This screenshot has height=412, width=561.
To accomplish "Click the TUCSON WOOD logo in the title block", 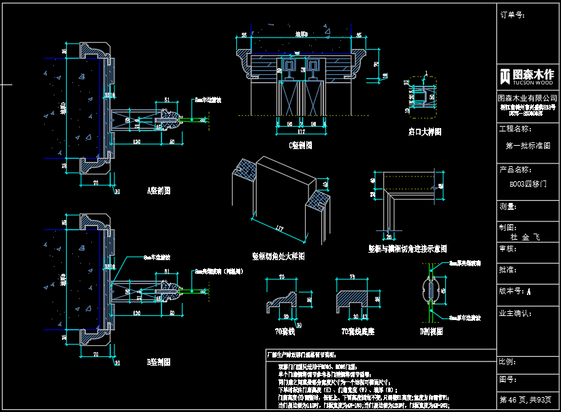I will pyautogui.click(x=528, y=76).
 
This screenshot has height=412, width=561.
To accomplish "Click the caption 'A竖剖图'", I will pyautogui.click(x=158, y=190).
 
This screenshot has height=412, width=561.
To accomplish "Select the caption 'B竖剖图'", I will pyautogui.click(x=158, y=361).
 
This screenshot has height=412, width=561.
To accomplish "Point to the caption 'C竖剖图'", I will pyautogui.click(x=300, y=145).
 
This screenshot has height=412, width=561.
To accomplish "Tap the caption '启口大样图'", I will pyautogui.click(x=425, y=131).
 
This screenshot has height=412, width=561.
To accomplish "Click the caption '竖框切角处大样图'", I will pyautogui.click(x=278, y=257).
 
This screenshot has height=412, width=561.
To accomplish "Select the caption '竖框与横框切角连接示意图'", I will pyautogui.click(x=407, y=249).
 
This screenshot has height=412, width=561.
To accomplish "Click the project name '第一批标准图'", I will pyautogui.click(x=528, y=146).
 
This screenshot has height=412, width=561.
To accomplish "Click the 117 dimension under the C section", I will pyautogui.click(x=300, y=131).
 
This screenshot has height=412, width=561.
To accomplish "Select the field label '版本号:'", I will pyautogui.click(x=511, y=291).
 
